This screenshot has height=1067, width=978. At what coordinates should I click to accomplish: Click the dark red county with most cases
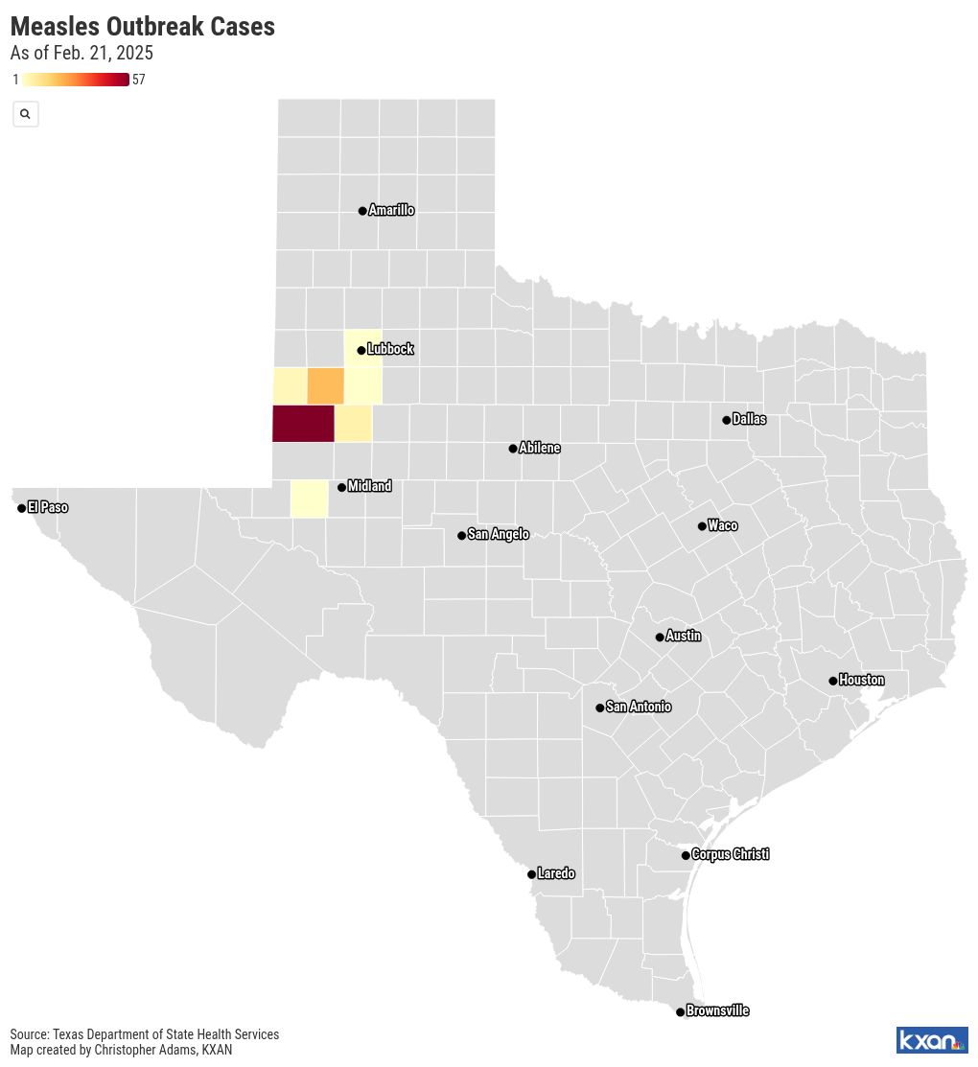coord(303,424)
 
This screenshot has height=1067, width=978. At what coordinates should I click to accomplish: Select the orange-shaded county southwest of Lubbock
coord(325,385)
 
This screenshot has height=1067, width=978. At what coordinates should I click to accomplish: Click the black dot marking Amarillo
coord(362,211)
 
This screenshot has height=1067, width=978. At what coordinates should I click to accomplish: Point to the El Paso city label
coord(47,507)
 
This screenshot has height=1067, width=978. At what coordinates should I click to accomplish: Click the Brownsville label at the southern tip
coord(717,1011)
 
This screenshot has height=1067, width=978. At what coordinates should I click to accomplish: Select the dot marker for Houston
coord(832,681)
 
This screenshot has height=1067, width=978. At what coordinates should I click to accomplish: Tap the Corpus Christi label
coord(730,855)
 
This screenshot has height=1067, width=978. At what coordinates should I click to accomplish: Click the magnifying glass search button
coord(25,114)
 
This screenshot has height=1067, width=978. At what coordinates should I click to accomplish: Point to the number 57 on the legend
coord(139,80)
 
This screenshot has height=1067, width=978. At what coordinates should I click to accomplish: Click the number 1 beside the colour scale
coord(15,80)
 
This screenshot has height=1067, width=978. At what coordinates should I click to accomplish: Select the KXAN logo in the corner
coord(931,1040)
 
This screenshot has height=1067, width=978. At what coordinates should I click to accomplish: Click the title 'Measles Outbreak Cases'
coord(143,27)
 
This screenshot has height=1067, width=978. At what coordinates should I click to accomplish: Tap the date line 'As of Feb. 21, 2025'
coord(81,54)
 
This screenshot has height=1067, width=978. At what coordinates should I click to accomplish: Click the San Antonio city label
coord(638,707)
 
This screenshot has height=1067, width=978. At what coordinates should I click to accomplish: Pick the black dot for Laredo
coord(531,874)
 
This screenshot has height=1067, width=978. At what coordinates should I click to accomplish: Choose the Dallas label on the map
coord(749,420)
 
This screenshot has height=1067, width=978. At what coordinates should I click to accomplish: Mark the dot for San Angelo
coord(461,536)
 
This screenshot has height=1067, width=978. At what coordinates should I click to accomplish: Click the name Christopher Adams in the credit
coord(148,1050)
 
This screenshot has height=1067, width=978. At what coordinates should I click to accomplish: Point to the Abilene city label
coord(539,449)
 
